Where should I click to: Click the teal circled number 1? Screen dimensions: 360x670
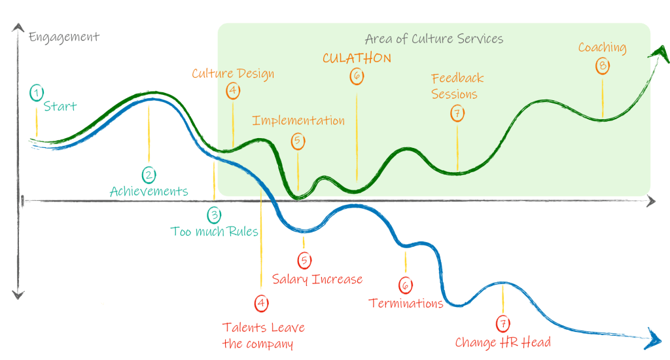(36, 93)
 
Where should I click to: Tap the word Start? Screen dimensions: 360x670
(60, 107)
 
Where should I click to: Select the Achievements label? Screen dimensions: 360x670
(149, 192)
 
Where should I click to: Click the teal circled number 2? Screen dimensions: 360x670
(149, 175)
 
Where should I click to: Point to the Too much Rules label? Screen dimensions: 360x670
(214, 231)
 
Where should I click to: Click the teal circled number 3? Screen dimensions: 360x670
(214, 215)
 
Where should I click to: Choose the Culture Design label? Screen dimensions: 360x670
(232, 73)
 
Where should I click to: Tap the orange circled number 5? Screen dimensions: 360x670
(298, 141)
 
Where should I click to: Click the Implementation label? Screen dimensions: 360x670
(298, 121)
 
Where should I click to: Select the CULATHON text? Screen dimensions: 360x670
(357, 58)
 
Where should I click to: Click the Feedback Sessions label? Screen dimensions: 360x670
(457, 86)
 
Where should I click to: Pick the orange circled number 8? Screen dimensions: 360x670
(603, 65)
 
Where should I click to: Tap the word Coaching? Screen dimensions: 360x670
(602, 48)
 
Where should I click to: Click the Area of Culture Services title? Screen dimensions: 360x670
(434, 39)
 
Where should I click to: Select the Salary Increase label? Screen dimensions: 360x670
(317, 279)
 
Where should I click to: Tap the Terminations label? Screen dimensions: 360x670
(406, 303)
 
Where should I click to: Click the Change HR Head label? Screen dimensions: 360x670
(503, 342)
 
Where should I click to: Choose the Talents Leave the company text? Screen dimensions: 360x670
(263, 335)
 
